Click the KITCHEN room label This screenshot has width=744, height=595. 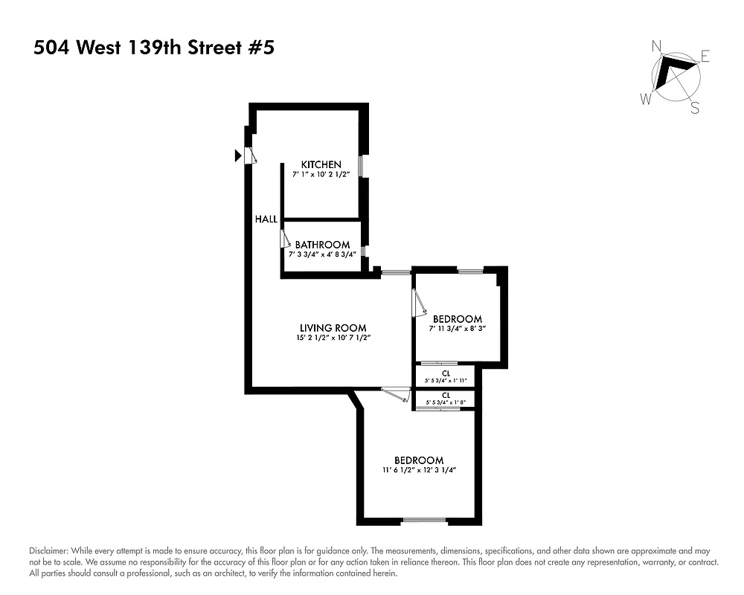pyautogui.click(x=321, y=164)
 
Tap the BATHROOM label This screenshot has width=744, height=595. pyautogui.click(x=322, y=245)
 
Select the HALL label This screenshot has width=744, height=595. pyautogui.click(x=266, y=219)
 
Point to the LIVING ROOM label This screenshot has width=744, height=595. pyautogui.click(x=333, y=328)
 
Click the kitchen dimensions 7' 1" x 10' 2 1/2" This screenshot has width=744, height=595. pyautogui.click(x=321, y=175)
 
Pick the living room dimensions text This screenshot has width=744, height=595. pyautogui.click(x=333, y=338)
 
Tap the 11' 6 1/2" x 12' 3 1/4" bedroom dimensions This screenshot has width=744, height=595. pyautogui.click(x=418, y=470)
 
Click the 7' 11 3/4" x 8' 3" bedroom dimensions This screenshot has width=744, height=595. pyautogui.click(x=457, y=329)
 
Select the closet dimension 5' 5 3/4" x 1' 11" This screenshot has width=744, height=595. pyautogui.click(x=446, y=381)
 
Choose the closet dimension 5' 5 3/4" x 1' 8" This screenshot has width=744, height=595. pyautogui.click(x=446, y=403)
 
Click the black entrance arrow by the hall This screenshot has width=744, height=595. pyautogui.click(x=238, y=155)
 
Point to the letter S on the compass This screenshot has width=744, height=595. pyautogui.click(x=695, y=109)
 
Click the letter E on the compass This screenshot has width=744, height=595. pyautogui.click(x=705, y=57)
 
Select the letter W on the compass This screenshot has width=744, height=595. pyautogui.click(x=647, y=98)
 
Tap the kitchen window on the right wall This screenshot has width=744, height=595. pyautogui.click(x=361, y=165)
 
